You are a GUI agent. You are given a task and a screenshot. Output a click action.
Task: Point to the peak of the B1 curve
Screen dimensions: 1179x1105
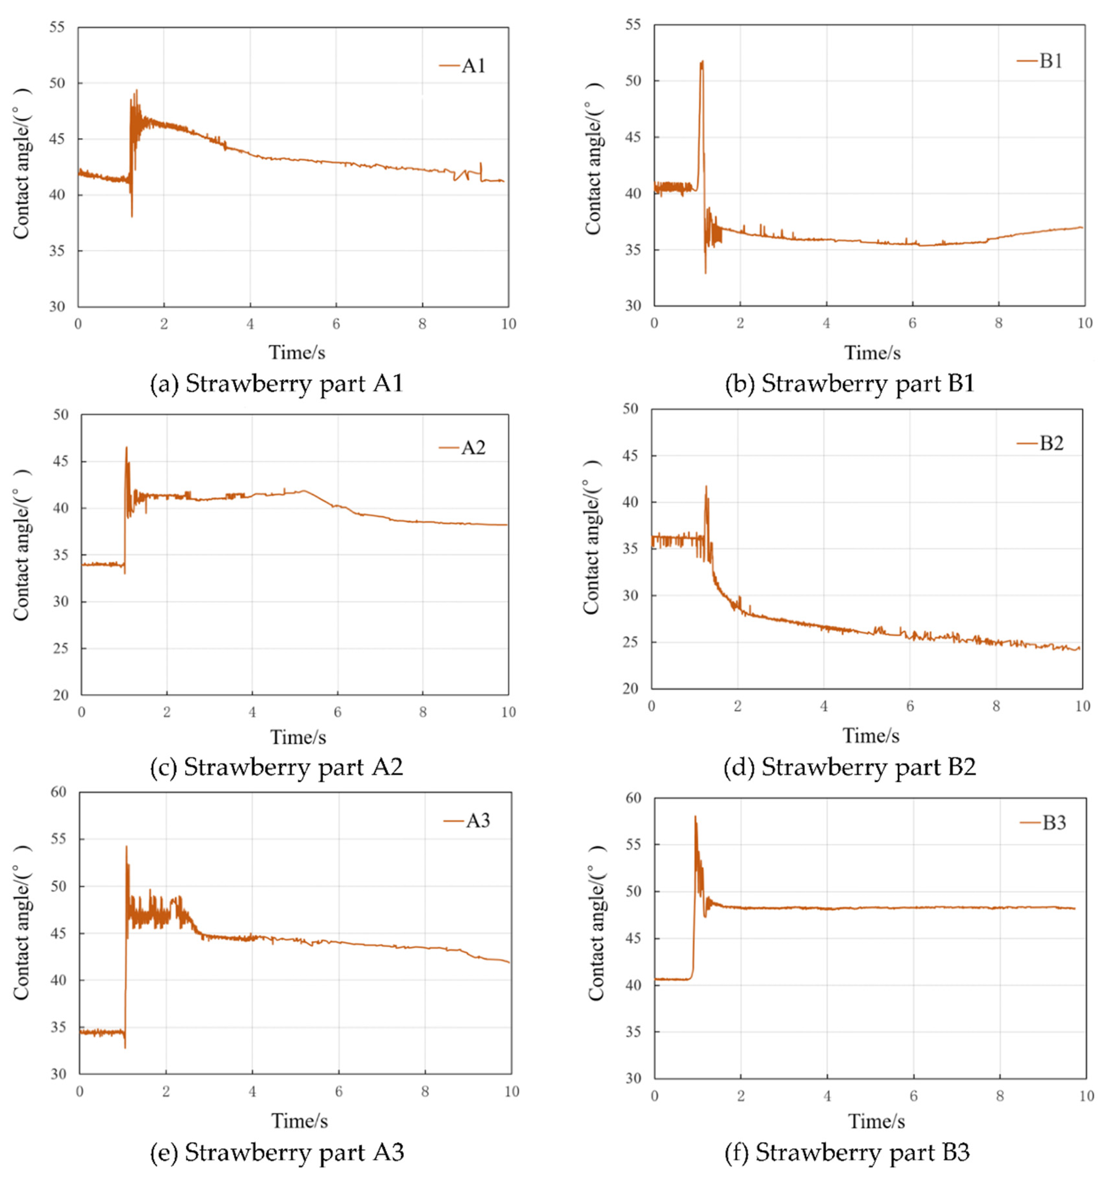pyautogui.click(x=702, y=62)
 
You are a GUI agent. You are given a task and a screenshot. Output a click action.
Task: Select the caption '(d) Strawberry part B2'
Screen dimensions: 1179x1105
pyautogui.click(x=849, y=767)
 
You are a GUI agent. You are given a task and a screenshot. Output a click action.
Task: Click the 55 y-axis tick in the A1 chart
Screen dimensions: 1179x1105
pyautogui.click(x=57, y=27)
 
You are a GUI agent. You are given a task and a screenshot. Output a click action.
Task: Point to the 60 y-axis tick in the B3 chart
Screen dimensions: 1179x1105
pyautogui.click(x=634, y=798)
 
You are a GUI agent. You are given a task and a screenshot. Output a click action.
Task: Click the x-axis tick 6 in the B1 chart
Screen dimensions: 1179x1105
pyautogui.click(x=912, y=323)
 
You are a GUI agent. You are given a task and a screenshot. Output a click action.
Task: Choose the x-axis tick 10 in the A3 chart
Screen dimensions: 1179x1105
pyautogui.click(x=512, y=1092)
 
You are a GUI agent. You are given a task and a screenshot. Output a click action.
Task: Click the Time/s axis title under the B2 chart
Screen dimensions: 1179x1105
pyautogui.click(x=871, y=736)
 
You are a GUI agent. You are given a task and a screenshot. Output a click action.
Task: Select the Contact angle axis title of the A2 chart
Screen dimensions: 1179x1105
pyautogui.click(x=22, y=546)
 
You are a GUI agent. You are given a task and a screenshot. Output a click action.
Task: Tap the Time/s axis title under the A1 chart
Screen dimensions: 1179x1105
pyautogui.click(x=297, y=353)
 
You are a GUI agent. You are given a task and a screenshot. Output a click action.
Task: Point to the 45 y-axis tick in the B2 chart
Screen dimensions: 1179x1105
pyautogui.click(x=630, y=456)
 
